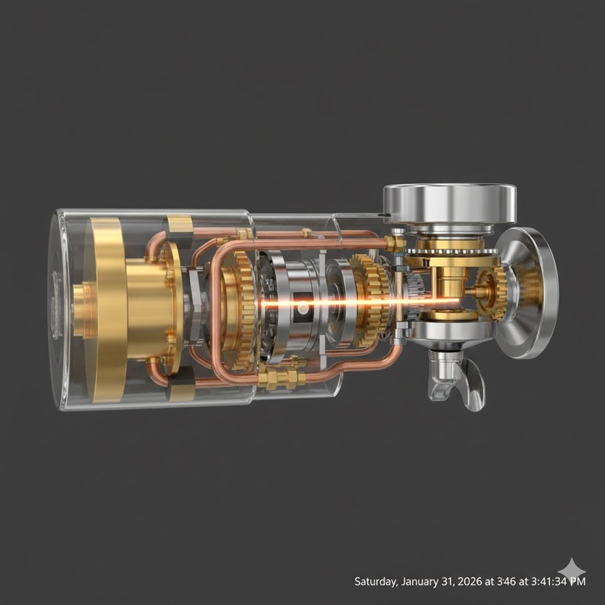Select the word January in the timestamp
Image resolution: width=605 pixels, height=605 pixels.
pos(419,582)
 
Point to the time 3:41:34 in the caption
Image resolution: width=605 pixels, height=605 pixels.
pos(547,582)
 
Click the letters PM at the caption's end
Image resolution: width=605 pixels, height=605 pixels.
pos(576,582)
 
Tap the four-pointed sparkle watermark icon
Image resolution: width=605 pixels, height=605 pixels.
pos(572,571)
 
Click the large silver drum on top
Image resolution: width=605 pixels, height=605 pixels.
pos(449,203)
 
